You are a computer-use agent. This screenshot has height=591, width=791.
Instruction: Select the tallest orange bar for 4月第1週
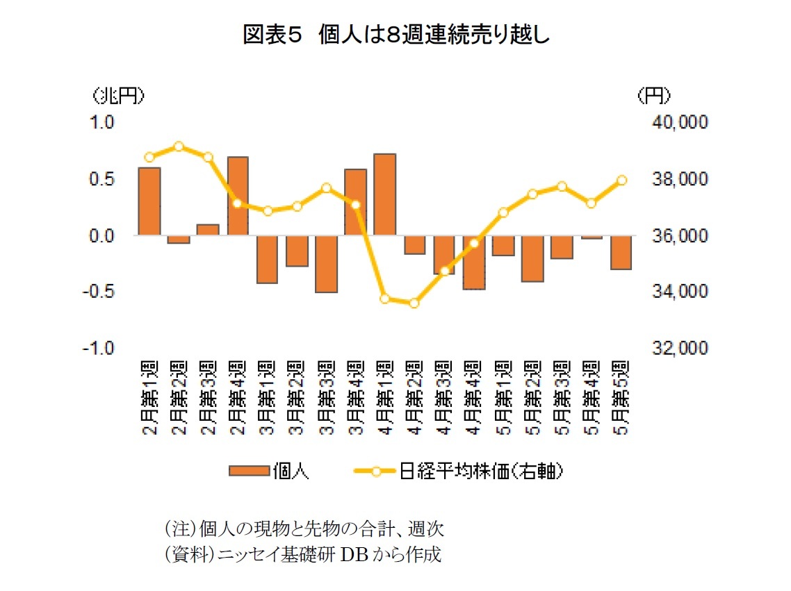point(384,194)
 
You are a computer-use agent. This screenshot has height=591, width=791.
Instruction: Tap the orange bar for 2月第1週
point(149,201)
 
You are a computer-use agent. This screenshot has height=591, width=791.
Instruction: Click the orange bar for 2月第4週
point(238,196)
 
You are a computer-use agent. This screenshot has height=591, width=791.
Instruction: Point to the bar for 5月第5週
point(620,252)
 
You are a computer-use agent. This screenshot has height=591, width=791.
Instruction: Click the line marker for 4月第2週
point(414,303)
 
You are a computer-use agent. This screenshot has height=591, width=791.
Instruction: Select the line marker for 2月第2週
point(179,147)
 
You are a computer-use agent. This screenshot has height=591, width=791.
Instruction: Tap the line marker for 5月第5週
point(621,181)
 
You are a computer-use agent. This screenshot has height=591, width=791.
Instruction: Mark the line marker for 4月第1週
point(384,299)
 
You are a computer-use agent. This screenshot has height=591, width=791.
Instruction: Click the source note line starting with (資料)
point(303,555)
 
